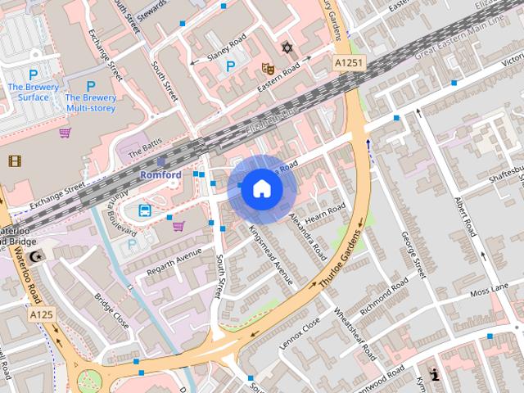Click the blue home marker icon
pyautogui.click(x=261, y=188)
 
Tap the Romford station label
pyautogui.click(x=160, y=175)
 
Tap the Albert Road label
pyautogui.click(x=464, y=216)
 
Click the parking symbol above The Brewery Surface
pyautogui.click(x=34, y=75)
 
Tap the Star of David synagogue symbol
pyautogui.click(x=287, y=47)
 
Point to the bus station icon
pyautogui.click(x=145, y=210)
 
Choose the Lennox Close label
pyautogui.click(x=300, y=334)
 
